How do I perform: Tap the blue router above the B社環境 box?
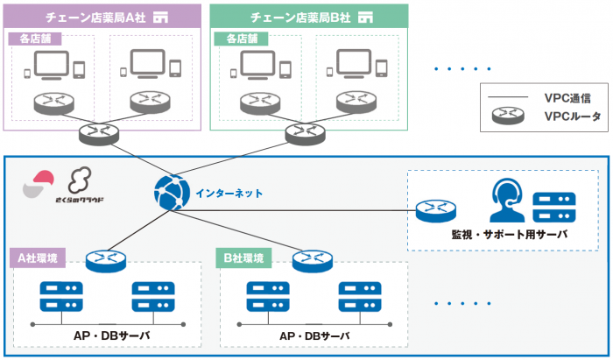tap(313, 259)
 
